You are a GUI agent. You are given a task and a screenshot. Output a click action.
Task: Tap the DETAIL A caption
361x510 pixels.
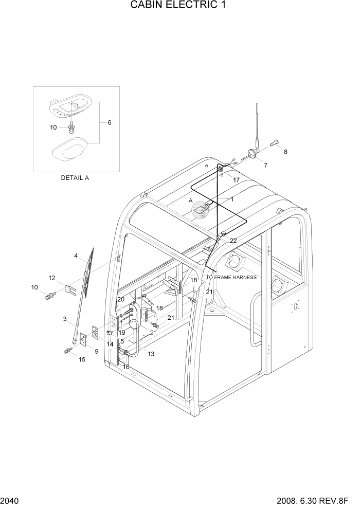tap(75, 178)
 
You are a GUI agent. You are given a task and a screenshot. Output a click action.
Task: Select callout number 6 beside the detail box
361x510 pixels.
tap(109, 122)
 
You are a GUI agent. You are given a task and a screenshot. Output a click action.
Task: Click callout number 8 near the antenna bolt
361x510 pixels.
tap(285, 152)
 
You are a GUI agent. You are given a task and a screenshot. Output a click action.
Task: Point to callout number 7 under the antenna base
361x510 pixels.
tap(265, 165)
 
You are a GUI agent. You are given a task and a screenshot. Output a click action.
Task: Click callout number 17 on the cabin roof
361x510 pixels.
tap(236, 180)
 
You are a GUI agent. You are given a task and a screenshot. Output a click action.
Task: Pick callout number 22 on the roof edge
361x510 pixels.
tap(233, 241)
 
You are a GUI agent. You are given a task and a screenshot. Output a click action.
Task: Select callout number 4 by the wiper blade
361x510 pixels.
tap(76, 256)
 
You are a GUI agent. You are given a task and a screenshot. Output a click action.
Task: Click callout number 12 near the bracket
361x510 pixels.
tap(52, 278)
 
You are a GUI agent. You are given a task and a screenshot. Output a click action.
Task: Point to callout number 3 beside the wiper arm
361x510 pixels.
tap(65, 319)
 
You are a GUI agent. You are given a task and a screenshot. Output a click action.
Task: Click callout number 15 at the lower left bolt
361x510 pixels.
tap(82, 359)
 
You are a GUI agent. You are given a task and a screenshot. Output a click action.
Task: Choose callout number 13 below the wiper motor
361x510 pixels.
tap(151, 354)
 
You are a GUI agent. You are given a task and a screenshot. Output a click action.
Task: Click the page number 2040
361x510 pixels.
tap(10, 500)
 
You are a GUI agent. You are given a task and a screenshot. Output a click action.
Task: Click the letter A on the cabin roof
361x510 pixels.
tap(190, 201)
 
